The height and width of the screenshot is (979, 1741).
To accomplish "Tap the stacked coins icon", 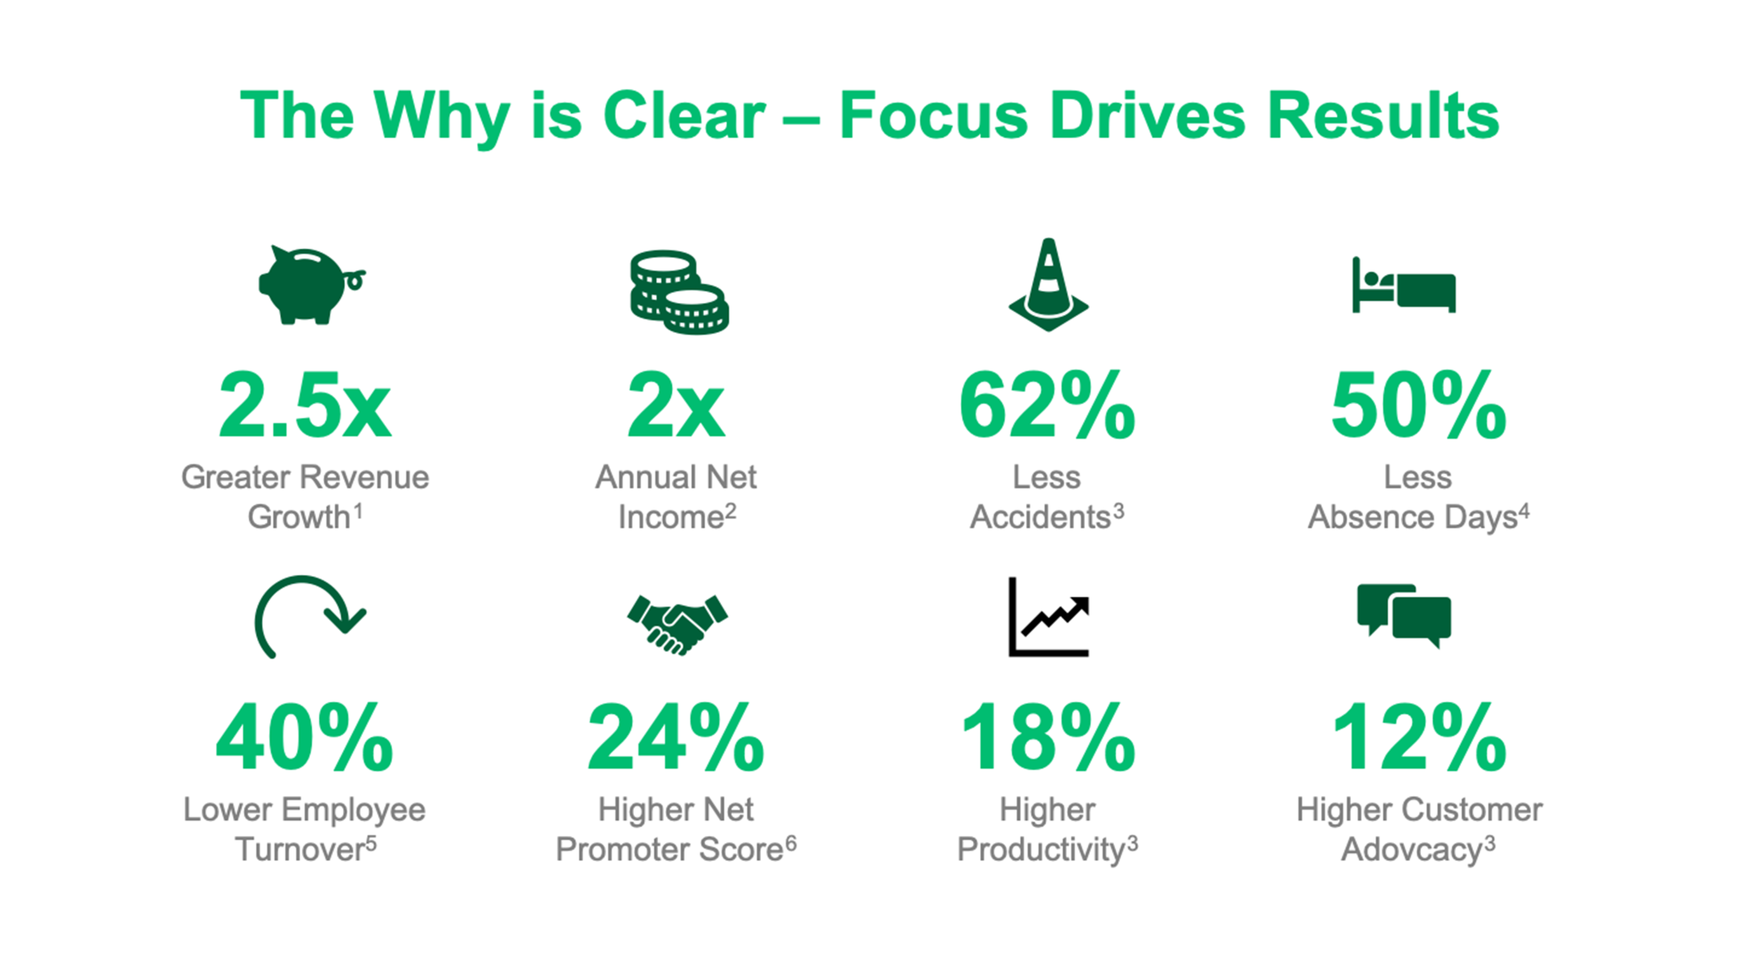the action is pos(679,292).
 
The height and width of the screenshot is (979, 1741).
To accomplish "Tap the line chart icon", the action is pos(1048,617).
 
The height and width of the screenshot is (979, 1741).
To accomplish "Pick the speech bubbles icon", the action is pos(1404,615).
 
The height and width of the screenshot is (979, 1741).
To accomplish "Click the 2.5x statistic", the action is pos(305,405).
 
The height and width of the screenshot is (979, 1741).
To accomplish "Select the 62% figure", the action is pos(1048,405).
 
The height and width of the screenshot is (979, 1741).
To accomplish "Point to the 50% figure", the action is pos(1418,405).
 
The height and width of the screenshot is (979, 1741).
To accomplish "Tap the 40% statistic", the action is pos(304,737).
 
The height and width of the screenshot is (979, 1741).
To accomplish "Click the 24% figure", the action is pos(676,737).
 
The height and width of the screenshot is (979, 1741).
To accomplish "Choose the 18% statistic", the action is pos(1048,737).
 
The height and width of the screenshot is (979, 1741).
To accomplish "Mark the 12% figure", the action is pos(1419,737).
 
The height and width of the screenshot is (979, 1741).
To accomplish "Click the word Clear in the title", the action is pos(684,115).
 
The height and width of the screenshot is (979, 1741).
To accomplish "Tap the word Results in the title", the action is pos(1383,115).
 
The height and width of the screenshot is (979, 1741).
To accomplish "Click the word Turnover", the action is pos(300,849).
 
